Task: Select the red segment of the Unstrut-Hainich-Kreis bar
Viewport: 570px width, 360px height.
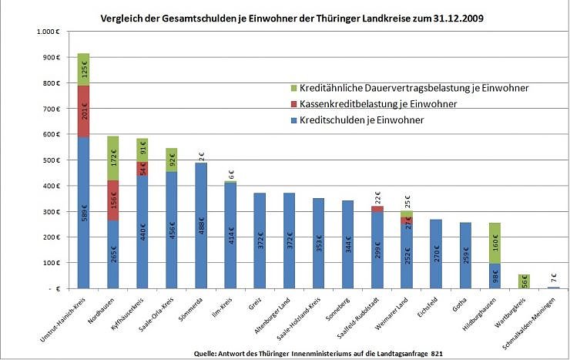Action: point(83,111)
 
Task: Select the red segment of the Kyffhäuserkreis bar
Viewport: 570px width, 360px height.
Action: point(142,169)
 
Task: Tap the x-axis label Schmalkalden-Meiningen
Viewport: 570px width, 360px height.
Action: point(528,321)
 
